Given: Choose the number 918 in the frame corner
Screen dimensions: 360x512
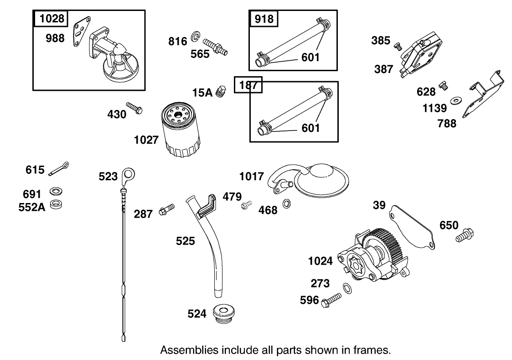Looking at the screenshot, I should (264, 18).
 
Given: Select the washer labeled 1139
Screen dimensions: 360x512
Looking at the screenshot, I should (455, 100).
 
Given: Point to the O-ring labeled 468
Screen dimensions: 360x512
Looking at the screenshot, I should (288, 203).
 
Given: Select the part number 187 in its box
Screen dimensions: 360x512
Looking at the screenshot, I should (248, 85).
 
